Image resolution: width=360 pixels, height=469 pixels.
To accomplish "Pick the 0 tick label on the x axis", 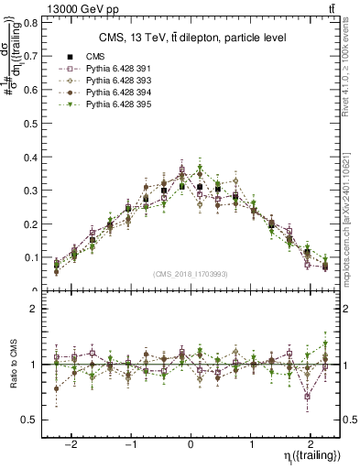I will click(191, 441).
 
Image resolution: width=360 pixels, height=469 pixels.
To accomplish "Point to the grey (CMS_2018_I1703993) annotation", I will click(192, 274).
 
